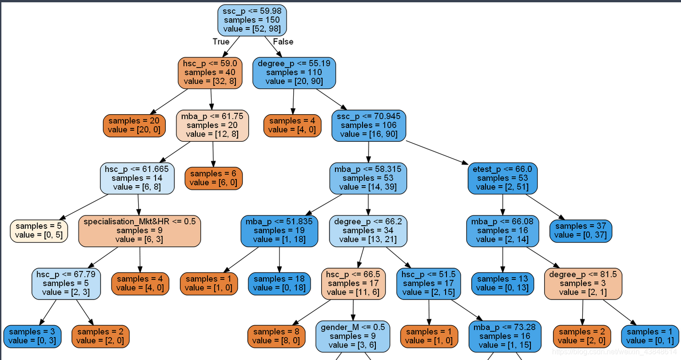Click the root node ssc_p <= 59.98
click(x=252, y=20)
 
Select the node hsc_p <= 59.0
click(x=211, y=73)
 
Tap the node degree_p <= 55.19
click(x=294, y=72)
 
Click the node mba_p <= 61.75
click(x=212, y=125)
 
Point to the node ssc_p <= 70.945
click(x=368, y=125)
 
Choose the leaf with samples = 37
click(x=581, y=231)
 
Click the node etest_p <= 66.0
click(x=502, y=178)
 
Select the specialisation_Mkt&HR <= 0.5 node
click(x=140, y=231)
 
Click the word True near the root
click(x=221, y=42)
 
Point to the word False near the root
click(x=283, y=42)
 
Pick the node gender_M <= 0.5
click(x=352, y=336)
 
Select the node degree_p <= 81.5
click(x=583, y=283)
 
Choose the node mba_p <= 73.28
click(x=505, y=336)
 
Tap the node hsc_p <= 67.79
click(x=66, y=283)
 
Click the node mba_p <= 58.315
click(x=368, y=178)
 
